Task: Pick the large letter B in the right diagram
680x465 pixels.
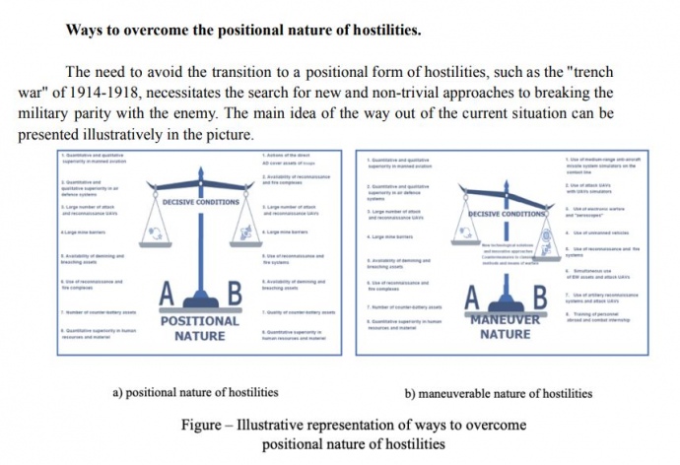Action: [539, 297]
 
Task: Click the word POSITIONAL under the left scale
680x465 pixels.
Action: [200, 321]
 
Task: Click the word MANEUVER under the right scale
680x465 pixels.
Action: [506, 321]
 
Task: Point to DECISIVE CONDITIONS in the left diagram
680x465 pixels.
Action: [200, 201]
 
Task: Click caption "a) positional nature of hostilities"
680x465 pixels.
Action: [195, 393]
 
